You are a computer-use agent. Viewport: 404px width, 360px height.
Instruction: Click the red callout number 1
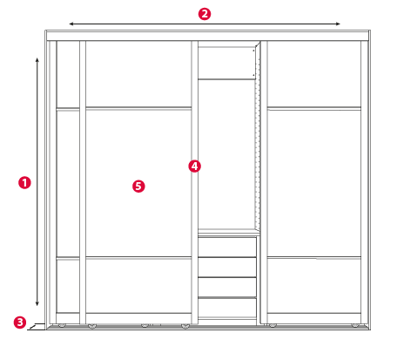pos(24,183)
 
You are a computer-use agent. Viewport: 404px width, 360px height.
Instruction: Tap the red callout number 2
pos(205,14)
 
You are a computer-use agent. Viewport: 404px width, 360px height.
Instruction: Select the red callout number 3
pos(20,323)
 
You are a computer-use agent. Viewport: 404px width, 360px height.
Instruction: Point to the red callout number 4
pos(194,166)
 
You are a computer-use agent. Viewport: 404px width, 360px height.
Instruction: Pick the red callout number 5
pos(138,187)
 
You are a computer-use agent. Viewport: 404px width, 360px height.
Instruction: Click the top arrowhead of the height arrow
pos(37,58)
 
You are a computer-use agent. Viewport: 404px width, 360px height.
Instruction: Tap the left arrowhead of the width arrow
pos(70,24)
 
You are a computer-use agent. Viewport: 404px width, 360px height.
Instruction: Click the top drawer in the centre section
pos(227,247)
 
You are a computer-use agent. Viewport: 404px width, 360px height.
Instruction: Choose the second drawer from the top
pos(227,268)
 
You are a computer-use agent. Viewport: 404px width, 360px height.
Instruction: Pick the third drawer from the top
pos(227,287)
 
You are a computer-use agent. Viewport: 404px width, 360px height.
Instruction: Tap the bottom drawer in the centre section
pos(227,308)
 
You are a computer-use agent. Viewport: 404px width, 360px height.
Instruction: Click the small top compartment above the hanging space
pos(226,63)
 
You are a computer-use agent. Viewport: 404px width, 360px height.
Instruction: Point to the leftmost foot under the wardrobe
pos(62,325)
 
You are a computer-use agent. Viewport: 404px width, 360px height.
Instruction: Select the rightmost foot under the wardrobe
pos(354,325)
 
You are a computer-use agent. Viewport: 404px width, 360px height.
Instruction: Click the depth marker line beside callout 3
pos(36,327)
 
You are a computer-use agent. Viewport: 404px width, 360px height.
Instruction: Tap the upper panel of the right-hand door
pos(314,74)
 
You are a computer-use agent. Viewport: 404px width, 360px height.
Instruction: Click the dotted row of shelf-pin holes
pos(256,137)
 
